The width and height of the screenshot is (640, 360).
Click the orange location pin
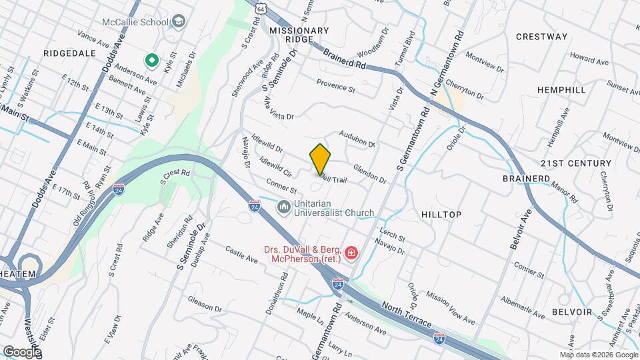(x=320, y=159)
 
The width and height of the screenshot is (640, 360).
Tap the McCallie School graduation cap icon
(x=178, y=22)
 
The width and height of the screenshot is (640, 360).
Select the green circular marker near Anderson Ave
(x=151, y=62)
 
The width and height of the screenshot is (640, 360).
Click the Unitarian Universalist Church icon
(x=283, y=208)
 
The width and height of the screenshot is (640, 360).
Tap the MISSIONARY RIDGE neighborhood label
(x=299, y=35)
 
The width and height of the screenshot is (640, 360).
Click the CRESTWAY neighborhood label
(x=541, y=37)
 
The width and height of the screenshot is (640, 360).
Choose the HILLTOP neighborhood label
(x=441, y=214)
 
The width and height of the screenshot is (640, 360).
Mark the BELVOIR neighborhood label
(x=571, y=312)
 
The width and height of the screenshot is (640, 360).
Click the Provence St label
(x=335, y=86)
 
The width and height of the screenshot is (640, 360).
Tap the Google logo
(x=21, y=352)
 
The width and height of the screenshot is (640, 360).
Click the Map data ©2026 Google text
(x=599, y=355)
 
